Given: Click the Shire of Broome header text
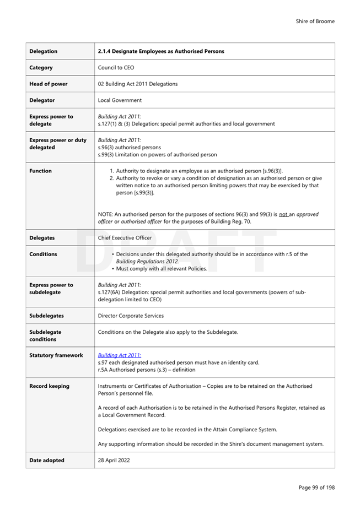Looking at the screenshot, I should (315, 21).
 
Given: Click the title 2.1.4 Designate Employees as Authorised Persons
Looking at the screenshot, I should (161, 51).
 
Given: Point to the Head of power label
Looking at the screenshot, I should (49, 84).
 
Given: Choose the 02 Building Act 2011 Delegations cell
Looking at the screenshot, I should (137, 84).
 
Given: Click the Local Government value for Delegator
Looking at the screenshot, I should (120, 100).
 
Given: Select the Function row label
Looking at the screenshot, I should (40, 171).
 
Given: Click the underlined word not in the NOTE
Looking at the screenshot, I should (284, 214).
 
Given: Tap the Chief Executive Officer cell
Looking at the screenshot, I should (125, 238).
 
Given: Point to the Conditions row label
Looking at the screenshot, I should (43, 254).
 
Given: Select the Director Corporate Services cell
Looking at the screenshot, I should (131, 316).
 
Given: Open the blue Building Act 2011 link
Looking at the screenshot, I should (119, 355).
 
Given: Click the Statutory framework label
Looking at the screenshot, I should (56, 355).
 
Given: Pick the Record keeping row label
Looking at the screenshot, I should (50, 386).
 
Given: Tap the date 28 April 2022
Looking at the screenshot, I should (114, 460).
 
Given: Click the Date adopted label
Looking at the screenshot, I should (47, 460).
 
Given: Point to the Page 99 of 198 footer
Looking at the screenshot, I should (316, 488).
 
